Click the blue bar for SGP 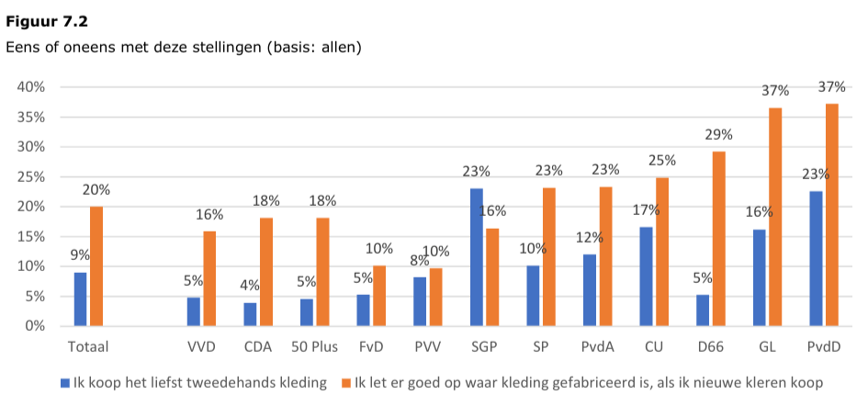(x=477, y=257)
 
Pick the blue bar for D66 (x=703, y=310)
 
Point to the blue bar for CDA (x=251, y=314)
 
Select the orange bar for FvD (x=379, y=296)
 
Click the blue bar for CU (x=646, y=276)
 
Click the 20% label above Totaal (x=96, y=189)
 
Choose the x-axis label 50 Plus (x=315, y=347)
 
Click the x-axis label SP (x=541, y=347)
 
